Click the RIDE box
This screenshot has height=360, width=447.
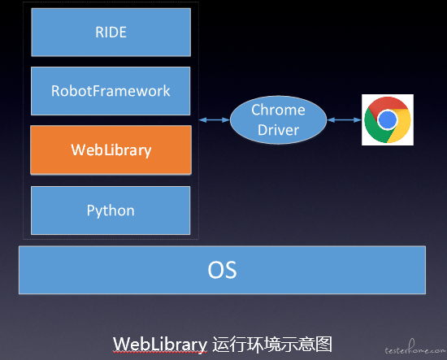(111, 33)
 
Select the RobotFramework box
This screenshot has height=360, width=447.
(111, 91)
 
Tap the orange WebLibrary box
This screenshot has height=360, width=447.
(111, 150)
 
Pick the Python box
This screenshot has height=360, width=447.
(111, 210)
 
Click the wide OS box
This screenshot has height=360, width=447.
(222, 270)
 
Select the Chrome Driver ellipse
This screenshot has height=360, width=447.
(278, 120)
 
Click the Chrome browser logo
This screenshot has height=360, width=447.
(388, 119)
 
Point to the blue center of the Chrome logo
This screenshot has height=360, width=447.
(387, 119)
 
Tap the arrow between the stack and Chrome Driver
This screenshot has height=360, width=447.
(214, 120)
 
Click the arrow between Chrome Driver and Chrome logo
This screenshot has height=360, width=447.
(344, 120)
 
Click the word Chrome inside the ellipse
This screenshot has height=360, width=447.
(278, 110)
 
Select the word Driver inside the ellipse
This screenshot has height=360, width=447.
(278, 130)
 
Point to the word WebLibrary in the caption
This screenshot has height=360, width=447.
(160, 344)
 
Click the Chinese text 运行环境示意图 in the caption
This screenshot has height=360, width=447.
(272, 344)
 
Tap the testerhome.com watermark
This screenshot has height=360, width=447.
(415, 348)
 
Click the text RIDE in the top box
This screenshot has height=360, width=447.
(111, 33)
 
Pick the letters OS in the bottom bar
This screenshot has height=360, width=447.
(222, 270)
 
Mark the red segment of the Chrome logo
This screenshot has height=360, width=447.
(387, 104)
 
